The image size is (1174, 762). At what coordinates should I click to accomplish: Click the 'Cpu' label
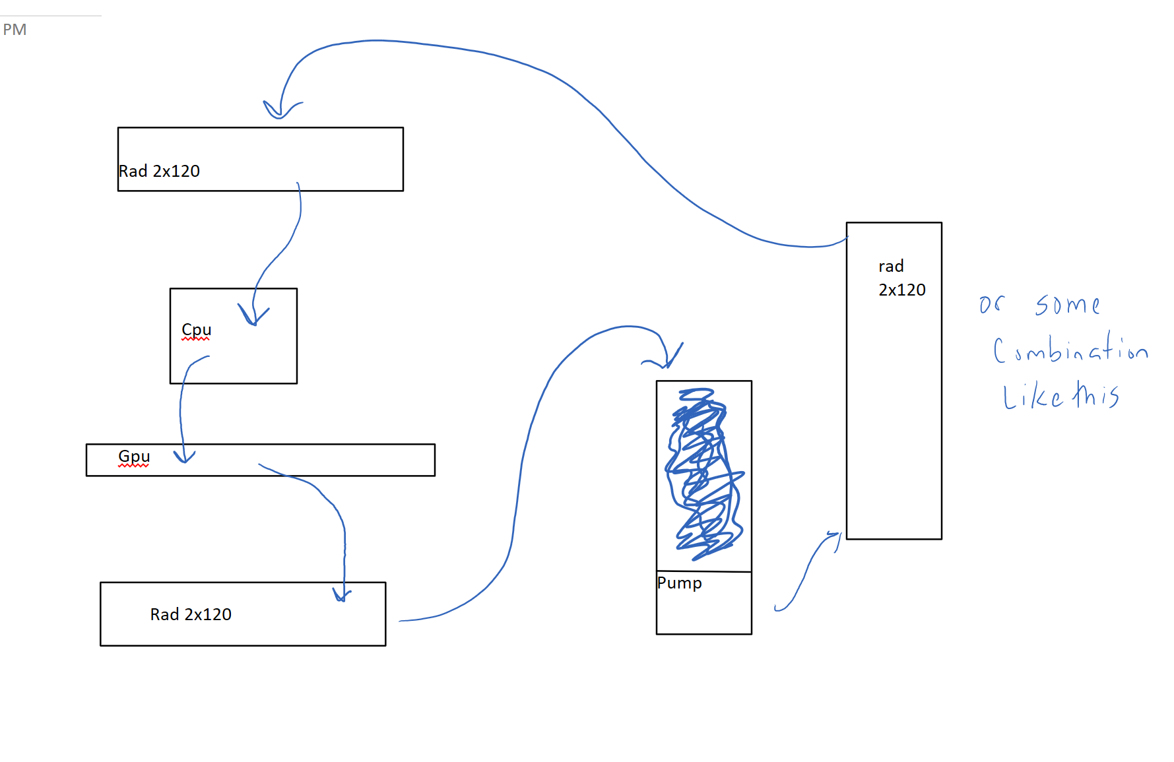[x=197, y=329]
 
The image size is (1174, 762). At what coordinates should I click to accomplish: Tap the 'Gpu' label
[x=134, y=456]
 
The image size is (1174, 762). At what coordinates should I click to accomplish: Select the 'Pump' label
[x=679, y=583]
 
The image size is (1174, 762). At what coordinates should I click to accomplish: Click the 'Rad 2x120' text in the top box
[x=159, y=171]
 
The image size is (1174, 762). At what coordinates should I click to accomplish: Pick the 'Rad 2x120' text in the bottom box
[x=191, y=614]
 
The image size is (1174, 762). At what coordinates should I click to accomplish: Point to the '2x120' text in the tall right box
[x=901, y=290]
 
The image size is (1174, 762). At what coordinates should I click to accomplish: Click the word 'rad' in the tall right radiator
[x=891, y=267]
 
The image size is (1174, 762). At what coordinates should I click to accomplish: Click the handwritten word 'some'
[x=1066, y=305]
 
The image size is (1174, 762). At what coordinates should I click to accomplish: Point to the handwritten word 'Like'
[x=1032, y=397]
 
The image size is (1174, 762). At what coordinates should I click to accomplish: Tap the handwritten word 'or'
[x=991, y=304]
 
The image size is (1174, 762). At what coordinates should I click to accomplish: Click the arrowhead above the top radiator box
[x=280, y=111]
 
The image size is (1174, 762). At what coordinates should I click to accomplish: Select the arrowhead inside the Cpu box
[x=253, y=316]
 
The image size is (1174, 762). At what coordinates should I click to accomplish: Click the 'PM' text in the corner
[x=15, y=30]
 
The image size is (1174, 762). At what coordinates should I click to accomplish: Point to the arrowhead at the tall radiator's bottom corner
[x=835, y=538]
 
